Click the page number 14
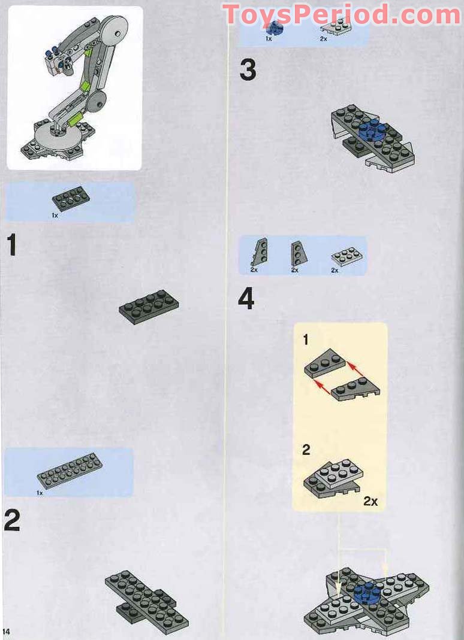coord(7,631)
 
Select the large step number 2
coord(12,521)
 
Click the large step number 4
coord(246,299)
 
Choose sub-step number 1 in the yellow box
coord(306,340)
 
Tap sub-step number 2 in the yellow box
coord(306,450)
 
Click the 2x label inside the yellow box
coord(370,501)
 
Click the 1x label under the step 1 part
coord(55,214)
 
